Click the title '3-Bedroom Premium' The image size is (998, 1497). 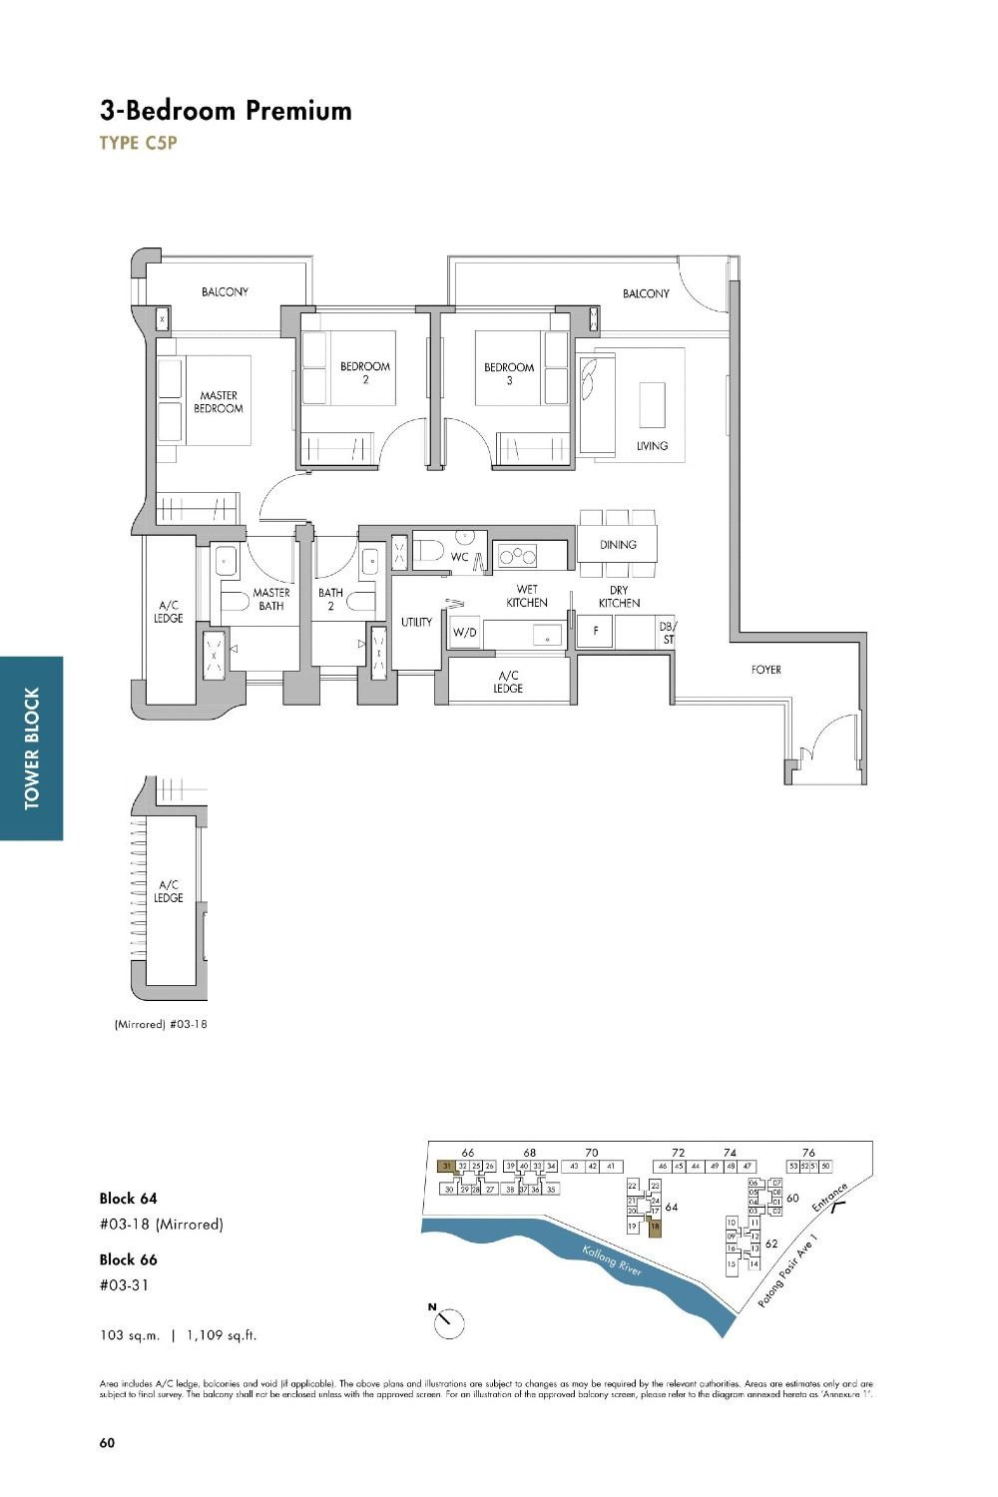(226, 110)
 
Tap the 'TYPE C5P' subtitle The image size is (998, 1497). (138, 143)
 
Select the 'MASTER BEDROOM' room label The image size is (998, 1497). (219, 402)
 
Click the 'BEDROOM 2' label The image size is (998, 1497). (364, 372)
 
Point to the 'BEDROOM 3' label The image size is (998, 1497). (509, 373)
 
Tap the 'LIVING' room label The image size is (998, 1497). (652, 446)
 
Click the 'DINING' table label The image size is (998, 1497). (618, 545)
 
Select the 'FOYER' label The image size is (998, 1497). (766, 670)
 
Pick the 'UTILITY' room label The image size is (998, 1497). (416, 623)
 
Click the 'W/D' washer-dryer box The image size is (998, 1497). (465, 633)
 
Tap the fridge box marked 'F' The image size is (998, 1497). (595, 632)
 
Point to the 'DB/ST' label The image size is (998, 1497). (667, 633)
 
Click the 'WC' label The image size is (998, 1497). (459, 557)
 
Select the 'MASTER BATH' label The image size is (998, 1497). (270, 599)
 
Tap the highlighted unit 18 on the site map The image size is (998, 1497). (655, 1228)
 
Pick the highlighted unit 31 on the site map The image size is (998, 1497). (447, 1166)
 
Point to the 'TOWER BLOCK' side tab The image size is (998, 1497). (32, 748)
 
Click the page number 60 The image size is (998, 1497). (107, 1442)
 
